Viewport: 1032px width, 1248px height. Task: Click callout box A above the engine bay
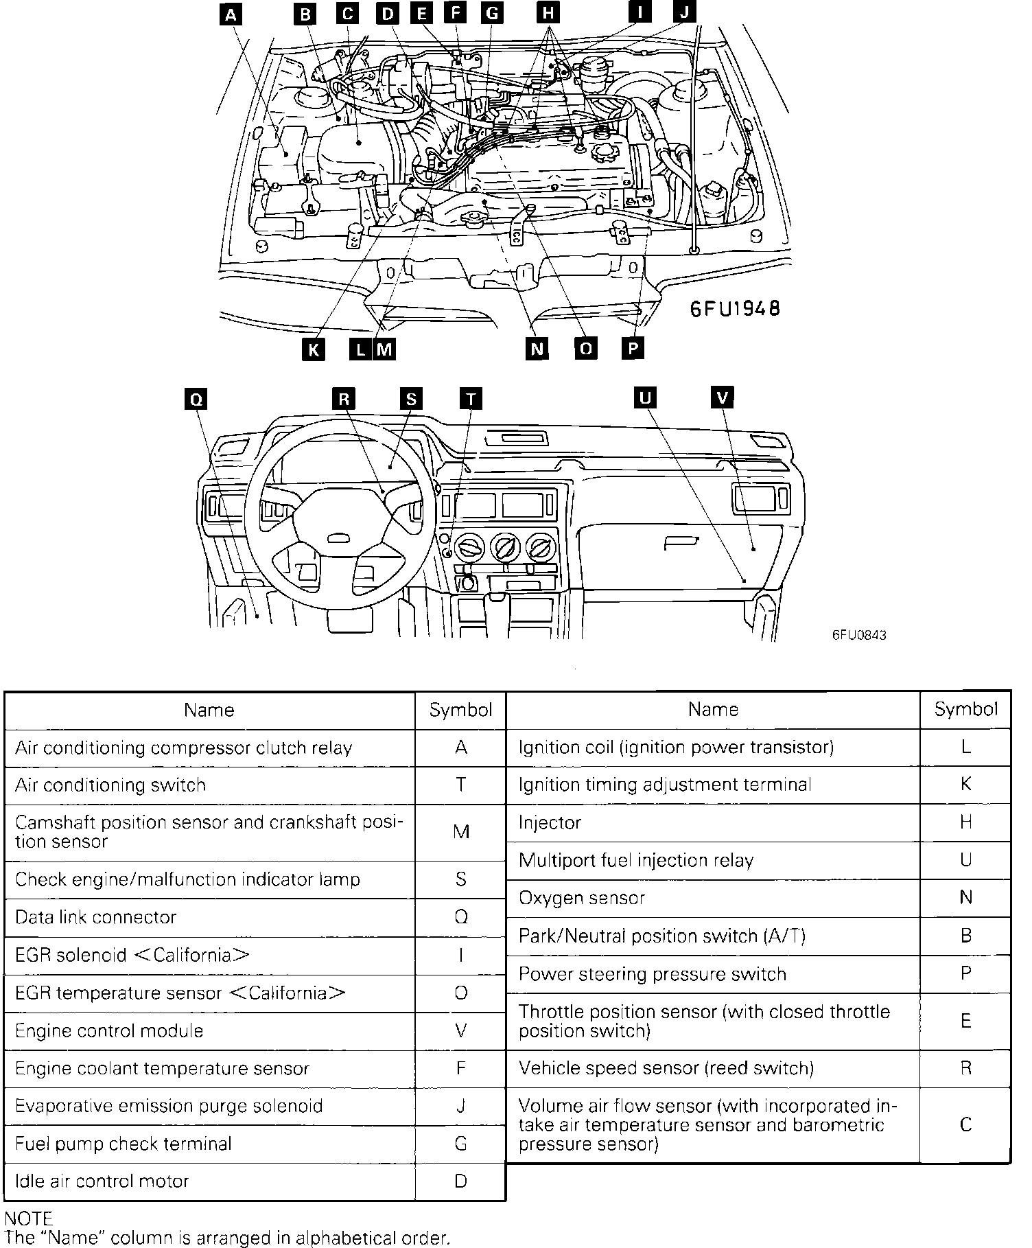point(232,13)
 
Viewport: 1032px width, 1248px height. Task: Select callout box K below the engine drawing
point(313,349)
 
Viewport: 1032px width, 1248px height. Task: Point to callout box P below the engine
point(633,348)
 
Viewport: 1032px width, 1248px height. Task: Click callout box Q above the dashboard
point(196,400)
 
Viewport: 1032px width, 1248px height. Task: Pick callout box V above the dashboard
point(723,397)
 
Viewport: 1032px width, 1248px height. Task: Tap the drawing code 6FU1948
point(735,309)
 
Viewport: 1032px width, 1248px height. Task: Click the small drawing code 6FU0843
point(859,636)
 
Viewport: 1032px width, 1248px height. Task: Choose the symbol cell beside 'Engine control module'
point(460,1030)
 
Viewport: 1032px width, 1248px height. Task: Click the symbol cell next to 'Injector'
point(965,822)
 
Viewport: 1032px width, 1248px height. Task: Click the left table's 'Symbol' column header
point(460,710)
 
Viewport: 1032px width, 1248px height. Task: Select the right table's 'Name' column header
point(713,709)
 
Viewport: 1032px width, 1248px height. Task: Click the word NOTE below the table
point(28,1218)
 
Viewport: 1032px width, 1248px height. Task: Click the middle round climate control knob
point(506,547)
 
